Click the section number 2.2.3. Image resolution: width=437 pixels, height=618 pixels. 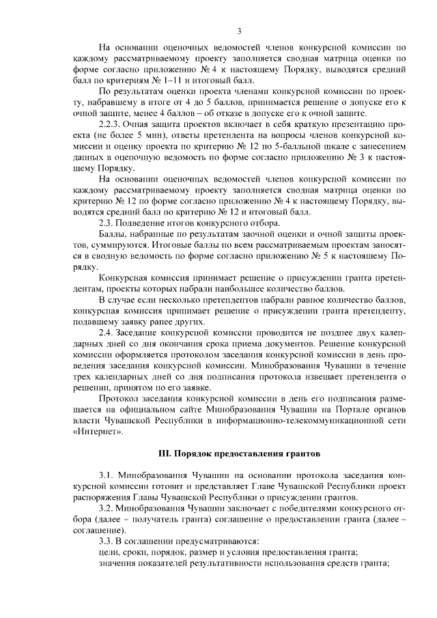coord(111,126)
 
